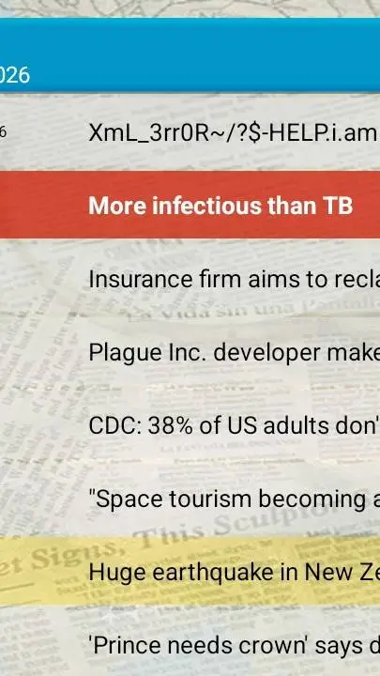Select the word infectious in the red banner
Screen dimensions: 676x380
pos(208,206)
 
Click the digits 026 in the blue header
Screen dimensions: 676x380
pos(14,74)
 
